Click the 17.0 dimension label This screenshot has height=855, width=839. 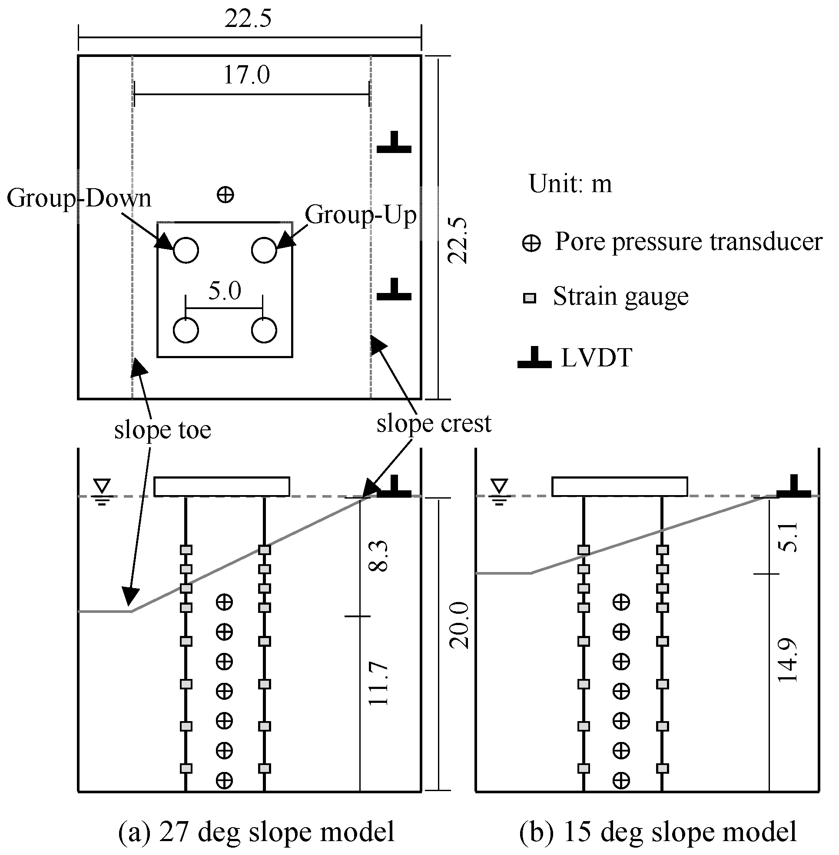click(246, 75)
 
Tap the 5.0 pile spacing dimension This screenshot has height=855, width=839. click(224, 291)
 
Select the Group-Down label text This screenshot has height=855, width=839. click(79, 198)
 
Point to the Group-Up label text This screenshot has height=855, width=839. click(361, 215)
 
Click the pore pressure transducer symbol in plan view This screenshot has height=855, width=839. click(226, 194)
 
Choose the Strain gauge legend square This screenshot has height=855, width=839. click(529, 298)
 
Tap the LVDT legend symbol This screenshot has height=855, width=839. click(534, 358)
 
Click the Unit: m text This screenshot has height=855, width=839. click(570, 184)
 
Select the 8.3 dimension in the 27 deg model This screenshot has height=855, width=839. click(378, 556)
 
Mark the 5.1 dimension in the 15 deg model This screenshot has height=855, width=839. click(787, 537)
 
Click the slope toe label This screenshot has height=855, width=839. click(162, 430)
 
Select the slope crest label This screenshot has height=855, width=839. click(434, 424)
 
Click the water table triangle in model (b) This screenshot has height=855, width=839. click(500, 486)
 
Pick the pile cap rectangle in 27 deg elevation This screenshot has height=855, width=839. click(222, 486)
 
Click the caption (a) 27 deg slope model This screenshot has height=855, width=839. click(256, 832)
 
